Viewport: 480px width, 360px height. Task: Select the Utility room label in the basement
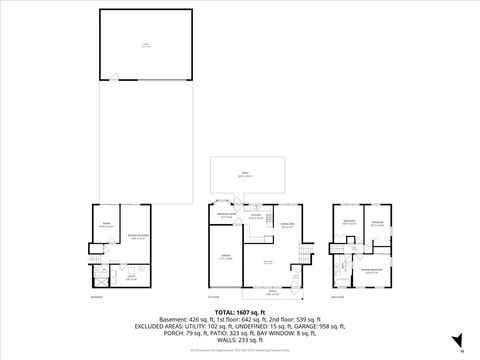pos(130,278)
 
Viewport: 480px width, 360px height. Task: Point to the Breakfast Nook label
pos(226,215)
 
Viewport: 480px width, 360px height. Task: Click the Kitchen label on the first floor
pos(256,215)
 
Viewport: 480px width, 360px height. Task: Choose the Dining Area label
pos(286,226)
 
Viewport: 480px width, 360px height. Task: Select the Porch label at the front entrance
pos(272,293)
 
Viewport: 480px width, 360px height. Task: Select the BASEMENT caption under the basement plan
pos(96,297)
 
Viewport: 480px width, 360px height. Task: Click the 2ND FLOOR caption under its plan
pos(338,297)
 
